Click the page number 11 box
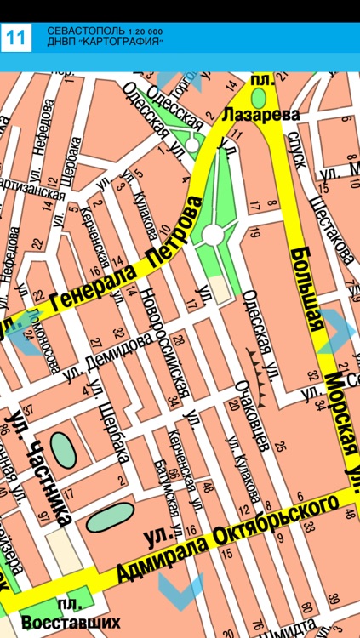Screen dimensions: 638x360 pos(16,37)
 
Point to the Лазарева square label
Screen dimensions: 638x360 pos(262,113)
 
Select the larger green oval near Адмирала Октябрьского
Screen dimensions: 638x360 pos(111,516)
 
